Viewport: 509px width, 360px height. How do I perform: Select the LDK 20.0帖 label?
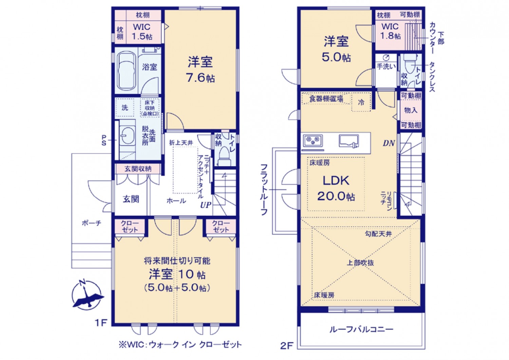tap(336, 189)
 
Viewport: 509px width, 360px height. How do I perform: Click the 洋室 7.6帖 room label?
tap(200, 70)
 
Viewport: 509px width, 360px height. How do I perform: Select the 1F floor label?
tap(101, 322)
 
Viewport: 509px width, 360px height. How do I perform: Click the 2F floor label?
tap(286, 346)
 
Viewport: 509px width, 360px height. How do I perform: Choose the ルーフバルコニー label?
tap(361, 329)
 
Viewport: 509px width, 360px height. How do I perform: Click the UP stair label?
tap(205, 205)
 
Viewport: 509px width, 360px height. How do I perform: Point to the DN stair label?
tap(389, 143)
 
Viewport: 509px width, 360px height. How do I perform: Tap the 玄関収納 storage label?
tap(138, 169)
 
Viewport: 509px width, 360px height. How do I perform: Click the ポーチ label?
tap(91, 223)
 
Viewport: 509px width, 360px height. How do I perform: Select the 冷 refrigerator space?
tap(361, 102)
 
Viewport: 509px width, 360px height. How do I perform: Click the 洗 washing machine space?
tap(125, 108)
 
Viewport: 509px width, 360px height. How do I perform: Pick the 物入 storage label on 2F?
tap(411, 111)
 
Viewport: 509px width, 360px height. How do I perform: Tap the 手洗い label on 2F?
tap(386, 67)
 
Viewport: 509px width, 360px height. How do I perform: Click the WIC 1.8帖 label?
tap(390, 31)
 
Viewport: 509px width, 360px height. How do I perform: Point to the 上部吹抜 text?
tap(360, 263)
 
